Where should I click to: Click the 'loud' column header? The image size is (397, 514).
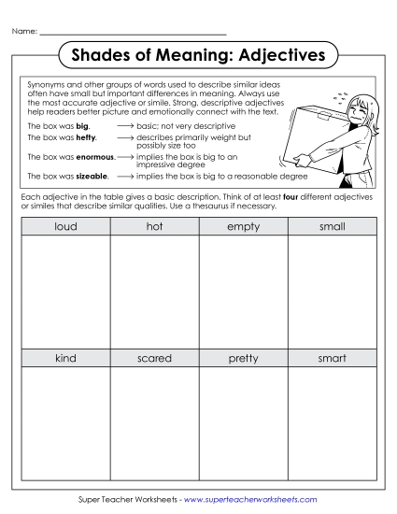point(65,227)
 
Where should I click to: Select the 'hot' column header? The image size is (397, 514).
point(154,227)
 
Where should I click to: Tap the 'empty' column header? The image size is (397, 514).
point(243,227)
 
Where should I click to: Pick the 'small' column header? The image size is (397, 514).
point(332,227)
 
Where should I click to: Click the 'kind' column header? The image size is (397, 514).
point(65,358)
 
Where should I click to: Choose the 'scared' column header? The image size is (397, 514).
point(154,358)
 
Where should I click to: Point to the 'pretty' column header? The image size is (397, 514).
point(243,358)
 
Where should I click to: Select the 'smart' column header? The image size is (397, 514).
point(332,358)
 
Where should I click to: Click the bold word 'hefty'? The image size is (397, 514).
point(86,137)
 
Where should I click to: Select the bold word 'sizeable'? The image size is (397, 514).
point(92,176)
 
